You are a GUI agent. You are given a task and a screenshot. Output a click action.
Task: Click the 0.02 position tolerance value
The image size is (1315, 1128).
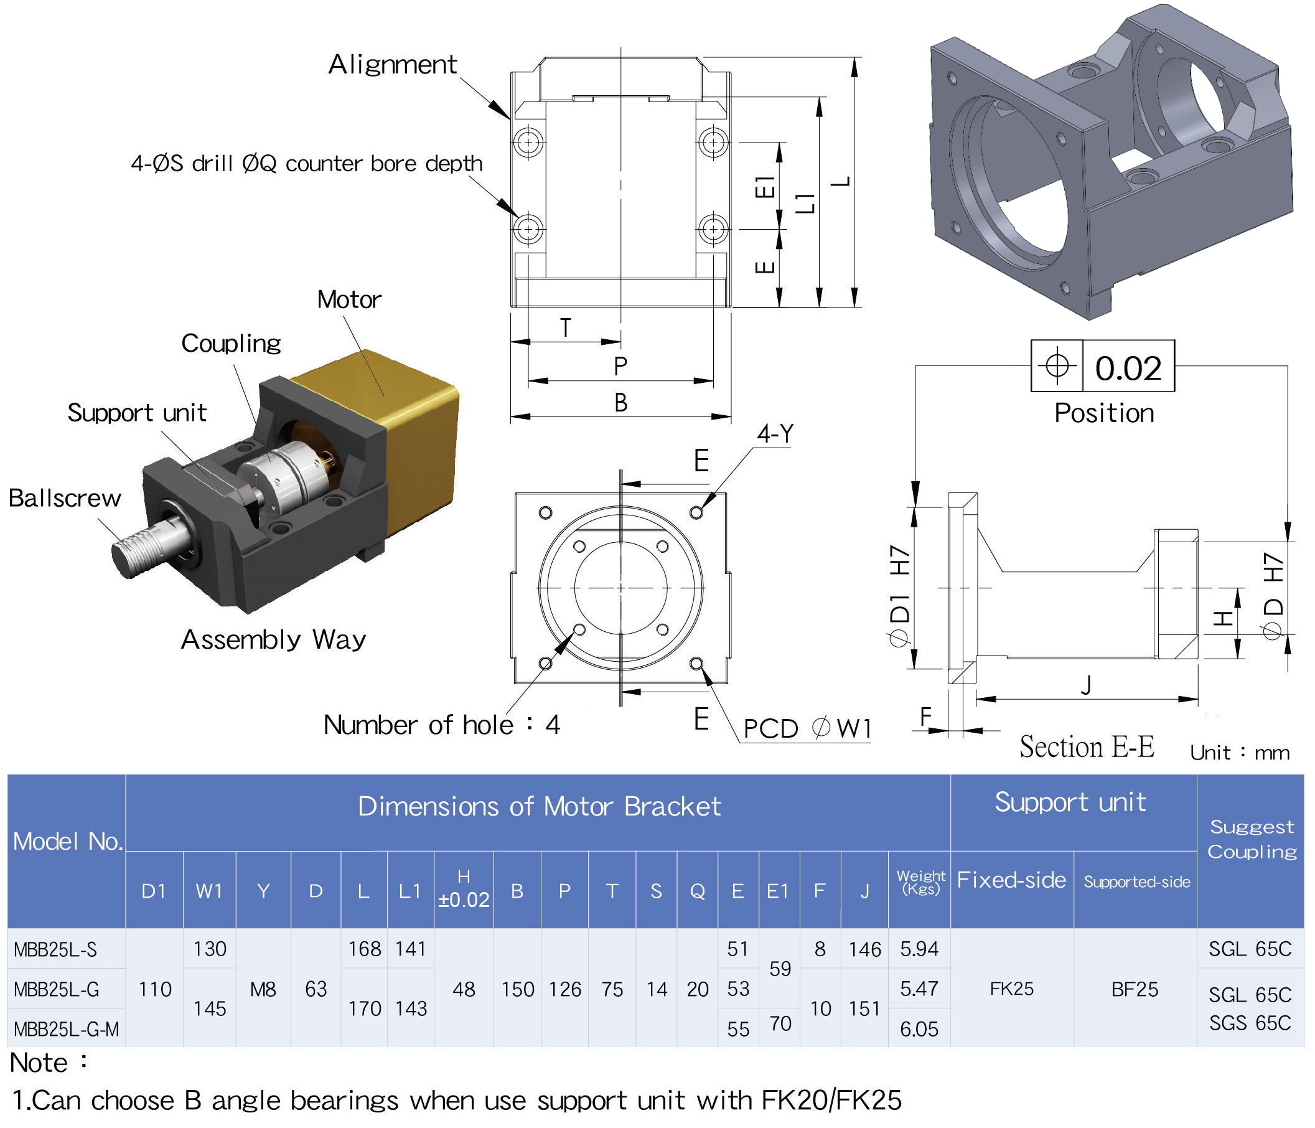1128,367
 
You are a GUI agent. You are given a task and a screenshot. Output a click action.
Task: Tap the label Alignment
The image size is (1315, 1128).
392,64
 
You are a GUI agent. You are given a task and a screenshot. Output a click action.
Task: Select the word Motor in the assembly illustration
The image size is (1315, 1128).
349,299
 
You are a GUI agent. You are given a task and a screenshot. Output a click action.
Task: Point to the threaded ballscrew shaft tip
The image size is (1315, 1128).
130,555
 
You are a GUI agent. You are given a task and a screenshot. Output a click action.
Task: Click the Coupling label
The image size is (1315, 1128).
231,343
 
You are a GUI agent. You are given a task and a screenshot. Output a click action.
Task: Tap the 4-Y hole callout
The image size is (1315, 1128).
774,433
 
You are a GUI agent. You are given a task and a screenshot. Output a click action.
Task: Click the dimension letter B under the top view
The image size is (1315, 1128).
620,402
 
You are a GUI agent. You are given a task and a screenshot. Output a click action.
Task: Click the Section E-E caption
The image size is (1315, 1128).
1087,746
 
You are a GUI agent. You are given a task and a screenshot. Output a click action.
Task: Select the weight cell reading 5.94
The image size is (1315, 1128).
919,948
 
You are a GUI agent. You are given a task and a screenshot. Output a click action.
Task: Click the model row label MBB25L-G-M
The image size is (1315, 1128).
66,1028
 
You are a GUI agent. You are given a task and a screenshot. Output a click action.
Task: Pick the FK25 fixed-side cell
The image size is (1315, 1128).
1012,989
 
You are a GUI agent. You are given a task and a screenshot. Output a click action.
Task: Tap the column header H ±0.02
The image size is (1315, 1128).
463,890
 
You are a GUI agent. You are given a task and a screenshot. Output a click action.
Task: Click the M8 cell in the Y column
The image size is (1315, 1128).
263,989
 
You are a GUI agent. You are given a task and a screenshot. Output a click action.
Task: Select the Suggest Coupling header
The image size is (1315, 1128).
1251,839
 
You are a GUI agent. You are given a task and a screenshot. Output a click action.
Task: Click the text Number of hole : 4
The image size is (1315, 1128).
442,724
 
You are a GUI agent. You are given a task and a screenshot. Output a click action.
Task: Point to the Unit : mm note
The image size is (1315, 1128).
1240,752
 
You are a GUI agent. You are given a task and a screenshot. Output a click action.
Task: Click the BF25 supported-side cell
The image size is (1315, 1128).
1135,989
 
